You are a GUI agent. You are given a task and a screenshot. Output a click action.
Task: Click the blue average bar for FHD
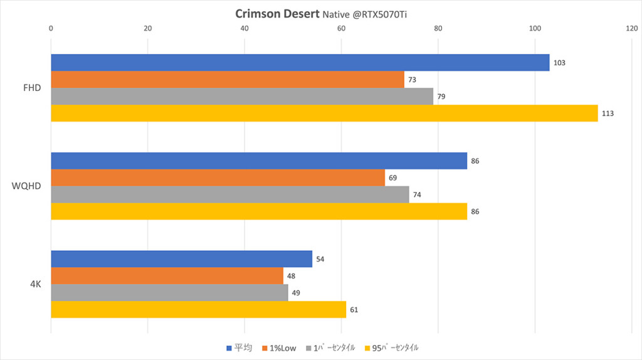pyautogui.click(x=300, y=63)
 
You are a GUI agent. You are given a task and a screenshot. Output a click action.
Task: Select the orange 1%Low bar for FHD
pyautogui.click(x=227, y=80)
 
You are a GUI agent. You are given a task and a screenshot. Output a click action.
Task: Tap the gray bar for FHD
pyautogui.click(x=241, y=97)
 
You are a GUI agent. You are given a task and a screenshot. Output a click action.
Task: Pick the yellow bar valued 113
pyautogui.click(x=324, y=114)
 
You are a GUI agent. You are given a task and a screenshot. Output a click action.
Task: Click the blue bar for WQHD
pyautogui.click(x=258, y=161)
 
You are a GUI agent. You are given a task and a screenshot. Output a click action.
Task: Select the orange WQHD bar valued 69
pyautogui.click(x=218, y=178)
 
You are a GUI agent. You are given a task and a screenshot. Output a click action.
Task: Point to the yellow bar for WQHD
pyautogui.click(x=258, y=211)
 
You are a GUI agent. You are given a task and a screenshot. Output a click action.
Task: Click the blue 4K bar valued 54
pyautogui.click(x=181, y=259)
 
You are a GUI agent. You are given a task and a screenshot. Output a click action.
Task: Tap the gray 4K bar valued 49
pyautogui.click(x=169, y=293)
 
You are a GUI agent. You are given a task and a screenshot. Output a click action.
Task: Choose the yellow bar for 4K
pyautogui.click(x=198, y=310)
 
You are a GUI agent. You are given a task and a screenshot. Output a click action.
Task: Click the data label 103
pyautogui.click(x=560, y=63)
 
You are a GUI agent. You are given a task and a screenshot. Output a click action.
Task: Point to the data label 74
pyautogui.click(x=417, y=195)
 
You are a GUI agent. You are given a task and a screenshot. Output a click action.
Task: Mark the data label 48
pyautogui.click(x=291, y=276)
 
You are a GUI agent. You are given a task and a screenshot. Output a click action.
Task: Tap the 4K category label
pyautogui.click(x=35, y=284)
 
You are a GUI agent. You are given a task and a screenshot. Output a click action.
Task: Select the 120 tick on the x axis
pyautogui.click(x=631, y=28)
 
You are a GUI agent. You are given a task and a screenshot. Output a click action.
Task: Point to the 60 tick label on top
pyautogui.click(x=341, y=28)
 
